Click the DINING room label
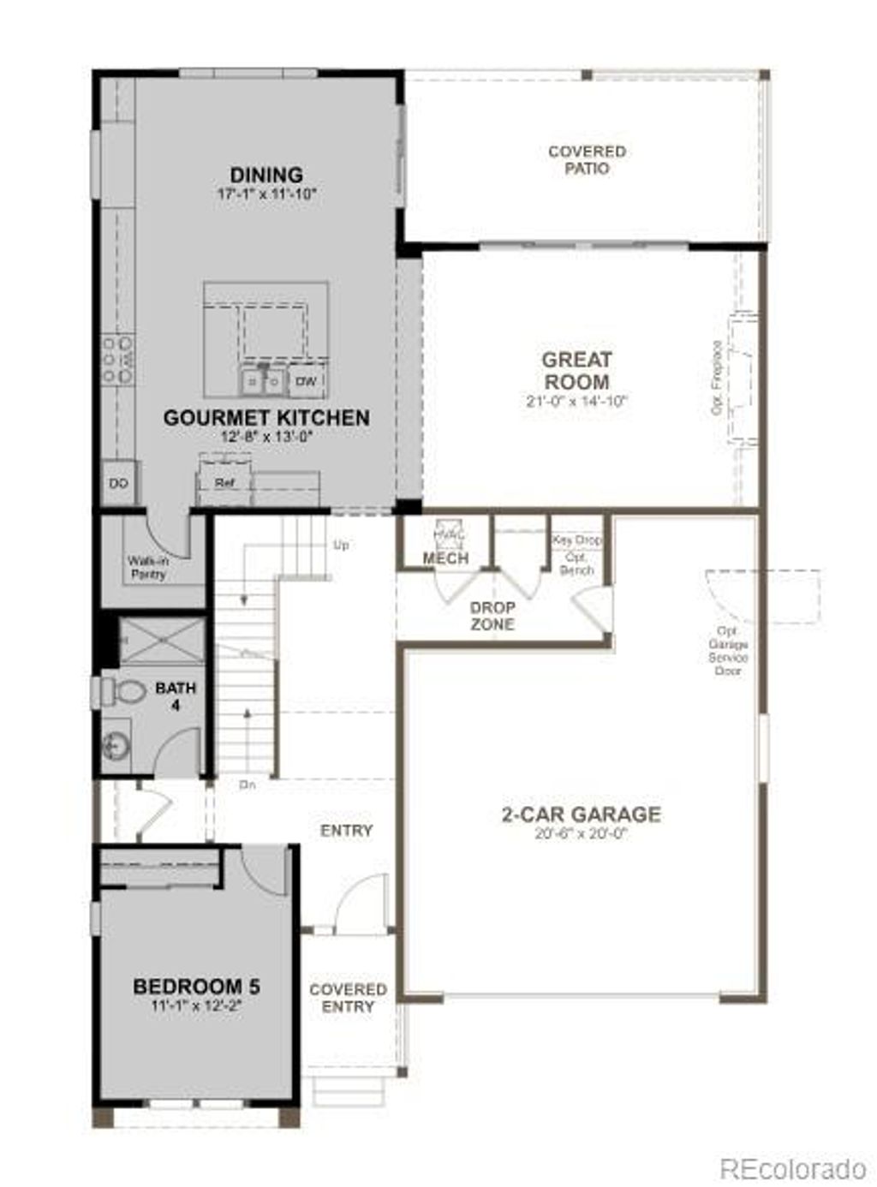(x=265, y=176)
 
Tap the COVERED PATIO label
(x=587, y=160)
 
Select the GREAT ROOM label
(x=576, y=371)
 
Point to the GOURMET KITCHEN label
(x=266, y=418)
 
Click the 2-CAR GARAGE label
(x=581, y=814)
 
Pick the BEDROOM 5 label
(x=196, y=987)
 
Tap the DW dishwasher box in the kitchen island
(x=306, y=381)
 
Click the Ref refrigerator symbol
(x=224, y=483)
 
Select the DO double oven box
(x=119, y=484)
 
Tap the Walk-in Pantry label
(x=147, y=568)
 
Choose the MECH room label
(x=445, y=558)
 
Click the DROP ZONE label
(x=492, y=616)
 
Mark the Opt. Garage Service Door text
(x=727, y=651)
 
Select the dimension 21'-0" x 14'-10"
(x=576, y=401)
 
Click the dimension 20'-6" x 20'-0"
(x=581, y=832)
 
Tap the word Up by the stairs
(x=341, y=545)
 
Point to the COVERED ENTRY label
(x=348, y=998)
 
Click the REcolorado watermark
(x=792, y=1167)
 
